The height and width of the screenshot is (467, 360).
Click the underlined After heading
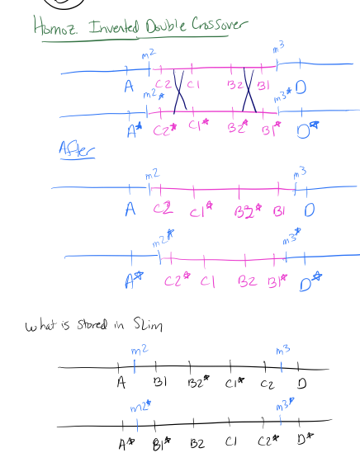[76, 149]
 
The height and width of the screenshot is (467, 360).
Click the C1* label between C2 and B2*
[201, 213]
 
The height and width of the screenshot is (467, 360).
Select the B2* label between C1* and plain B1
[248, 213]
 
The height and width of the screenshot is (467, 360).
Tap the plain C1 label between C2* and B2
[206, 281]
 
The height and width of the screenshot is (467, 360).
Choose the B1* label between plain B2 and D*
[277, 281]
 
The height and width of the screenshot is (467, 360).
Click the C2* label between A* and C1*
[168, 129]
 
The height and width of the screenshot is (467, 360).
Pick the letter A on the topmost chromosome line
[129, 86]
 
